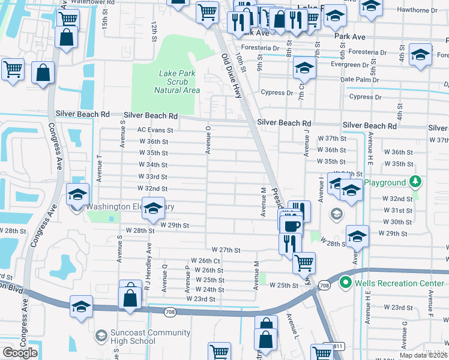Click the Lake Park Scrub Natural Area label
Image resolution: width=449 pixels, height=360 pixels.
click(x=176, y=82)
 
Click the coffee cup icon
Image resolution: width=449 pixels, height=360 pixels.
click(x=292, y=226)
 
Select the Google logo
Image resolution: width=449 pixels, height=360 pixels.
click(x=20, y=353)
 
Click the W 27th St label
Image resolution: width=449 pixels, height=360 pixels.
click(x=226, y=250)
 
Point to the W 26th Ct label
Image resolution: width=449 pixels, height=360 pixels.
click(x=206, y=261)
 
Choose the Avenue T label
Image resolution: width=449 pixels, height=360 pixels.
click(x=100, y=168)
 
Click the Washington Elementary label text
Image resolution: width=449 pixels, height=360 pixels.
click(x=130, y=207)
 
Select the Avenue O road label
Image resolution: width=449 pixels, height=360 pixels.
click(x=208, y=140)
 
